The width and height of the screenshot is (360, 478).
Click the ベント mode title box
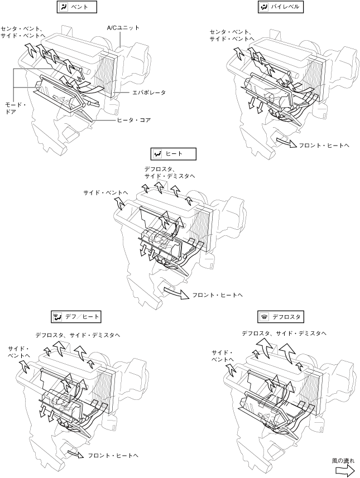tap(77, 7)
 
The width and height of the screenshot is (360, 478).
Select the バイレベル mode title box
tap(281, 7)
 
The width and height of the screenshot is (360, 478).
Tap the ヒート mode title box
tap(174, 154)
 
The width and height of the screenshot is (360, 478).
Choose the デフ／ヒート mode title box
tap(76, 317)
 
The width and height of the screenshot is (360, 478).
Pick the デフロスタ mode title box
tap(281, 317)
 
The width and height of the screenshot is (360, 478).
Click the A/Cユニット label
tap(123, 28)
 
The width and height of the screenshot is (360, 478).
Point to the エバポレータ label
tap(149, 93)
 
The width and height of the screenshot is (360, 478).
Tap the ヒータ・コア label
tap(134, 120)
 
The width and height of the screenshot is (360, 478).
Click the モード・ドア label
tap(16, 108)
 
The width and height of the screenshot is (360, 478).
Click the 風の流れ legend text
tap(343, 461)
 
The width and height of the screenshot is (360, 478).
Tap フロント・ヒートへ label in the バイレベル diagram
tap(324, 146)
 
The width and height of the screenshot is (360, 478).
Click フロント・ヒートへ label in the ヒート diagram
tap(217, 295)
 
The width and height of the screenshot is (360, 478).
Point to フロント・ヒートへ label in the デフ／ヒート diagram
tap(113, 456)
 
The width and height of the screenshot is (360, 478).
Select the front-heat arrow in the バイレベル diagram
tap(286, 142)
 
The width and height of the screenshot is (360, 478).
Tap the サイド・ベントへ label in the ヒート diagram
tap(105, 192)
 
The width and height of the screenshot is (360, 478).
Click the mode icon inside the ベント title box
tap(63, 7)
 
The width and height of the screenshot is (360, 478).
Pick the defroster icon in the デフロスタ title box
tap(264, 317)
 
